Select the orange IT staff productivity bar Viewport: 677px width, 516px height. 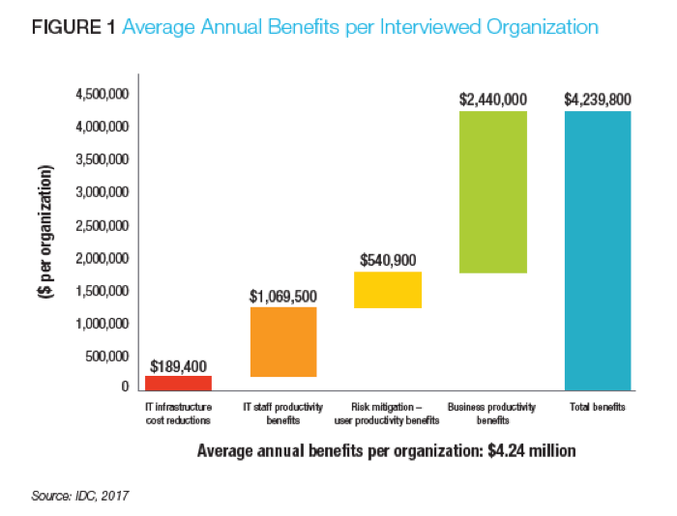(282, 341)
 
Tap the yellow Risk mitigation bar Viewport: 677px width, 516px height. (388, 290)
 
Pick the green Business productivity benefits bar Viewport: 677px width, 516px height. (492, 192)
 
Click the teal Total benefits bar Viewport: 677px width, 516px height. (598, 249)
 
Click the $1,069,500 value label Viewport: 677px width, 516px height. (282, 296)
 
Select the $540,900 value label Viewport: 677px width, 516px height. (388, 260)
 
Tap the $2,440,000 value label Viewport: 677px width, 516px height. (492, 100)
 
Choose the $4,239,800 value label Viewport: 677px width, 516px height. (598, 100)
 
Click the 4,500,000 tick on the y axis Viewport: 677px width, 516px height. (102, 94)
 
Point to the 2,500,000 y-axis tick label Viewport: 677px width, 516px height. (102, 225)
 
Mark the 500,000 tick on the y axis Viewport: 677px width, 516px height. (105, 356)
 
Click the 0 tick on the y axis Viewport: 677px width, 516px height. (125, 387)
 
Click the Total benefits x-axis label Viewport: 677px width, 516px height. (597, 408)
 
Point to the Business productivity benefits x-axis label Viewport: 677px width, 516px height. (492, 414)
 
